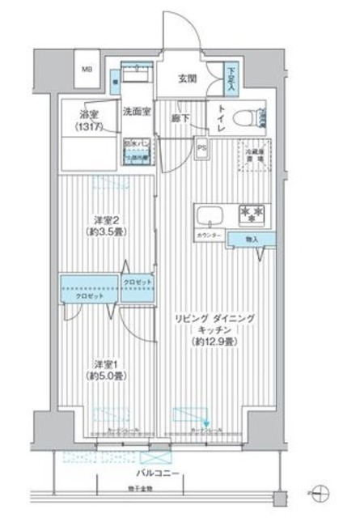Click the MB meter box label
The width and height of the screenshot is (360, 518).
[85, 70]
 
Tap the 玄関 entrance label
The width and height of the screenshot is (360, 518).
[188, 79]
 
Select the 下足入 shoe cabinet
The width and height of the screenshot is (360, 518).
[231, 78]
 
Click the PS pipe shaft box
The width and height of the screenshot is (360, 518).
[201, 149]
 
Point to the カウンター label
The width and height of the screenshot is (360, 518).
[208, 236]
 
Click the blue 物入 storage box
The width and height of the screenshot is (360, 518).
[252, 240]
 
